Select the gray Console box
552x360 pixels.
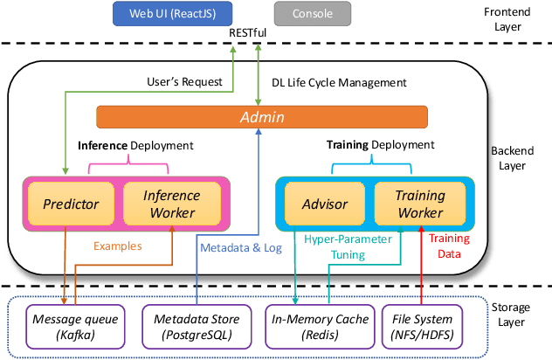pyautogui.click(x=313, y=13)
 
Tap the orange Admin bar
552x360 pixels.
pyautogui.click(x=261, y=117)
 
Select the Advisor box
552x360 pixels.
pyautogui.click(x=324, y=204)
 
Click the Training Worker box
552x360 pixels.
pyautogui.click(x=420, y=204)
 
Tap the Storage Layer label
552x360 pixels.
pyautogui.click(x=515, y=314)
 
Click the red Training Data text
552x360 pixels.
pyautogui.click(x=451, y=246)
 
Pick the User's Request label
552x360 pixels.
pyautogui.click(x=184, y=82)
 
